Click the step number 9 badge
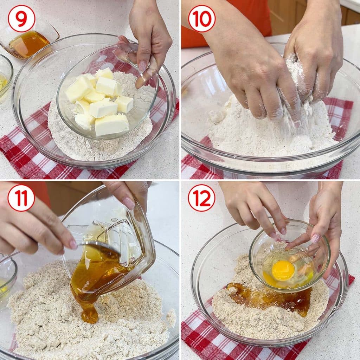(x=21, y=19)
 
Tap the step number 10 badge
(x=202, y=19)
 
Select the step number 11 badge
(x=21, y=198)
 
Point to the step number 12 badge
(x=202, y=198)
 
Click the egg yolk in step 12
(x=283, y=270)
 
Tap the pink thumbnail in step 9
(x=142, y=66)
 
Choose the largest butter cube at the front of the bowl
(x=111, y=125)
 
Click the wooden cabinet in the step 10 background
(x=315, y=16)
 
